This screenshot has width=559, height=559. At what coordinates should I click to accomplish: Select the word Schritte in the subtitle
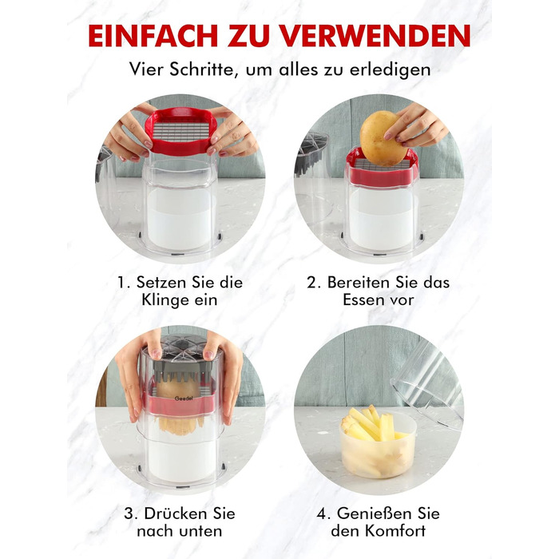tap(202, 69)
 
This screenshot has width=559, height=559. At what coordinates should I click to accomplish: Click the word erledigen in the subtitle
tap(390, 70)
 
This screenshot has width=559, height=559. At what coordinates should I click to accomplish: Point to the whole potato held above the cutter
tap(383, 138)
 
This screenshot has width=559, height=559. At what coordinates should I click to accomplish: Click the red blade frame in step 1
tap(181, 131)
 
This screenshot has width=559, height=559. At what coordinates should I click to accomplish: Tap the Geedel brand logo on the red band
tap(184, 398)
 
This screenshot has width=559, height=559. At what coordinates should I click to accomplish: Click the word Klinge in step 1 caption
tap(165, 300)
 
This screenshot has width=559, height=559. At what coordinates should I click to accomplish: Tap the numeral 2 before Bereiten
tap(312, 283)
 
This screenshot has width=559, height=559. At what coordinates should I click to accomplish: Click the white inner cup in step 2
tap(383, 218)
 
